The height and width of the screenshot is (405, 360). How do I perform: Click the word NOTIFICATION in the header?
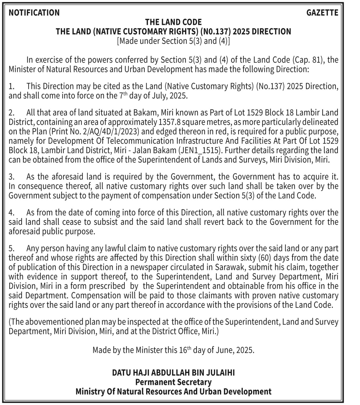[x=34, y=13]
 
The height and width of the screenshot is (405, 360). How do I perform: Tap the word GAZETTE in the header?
[x=322, y=13]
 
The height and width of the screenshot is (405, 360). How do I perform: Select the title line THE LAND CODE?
[x=173, y=22]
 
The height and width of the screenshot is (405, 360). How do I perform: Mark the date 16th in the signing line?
[x=185, y=350]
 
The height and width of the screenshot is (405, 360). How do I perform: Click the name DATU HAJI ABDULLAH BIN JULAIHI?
[x=173, y=373]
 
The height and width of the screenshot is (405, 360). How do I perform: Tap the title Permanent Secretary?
[x=173, y=382]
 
